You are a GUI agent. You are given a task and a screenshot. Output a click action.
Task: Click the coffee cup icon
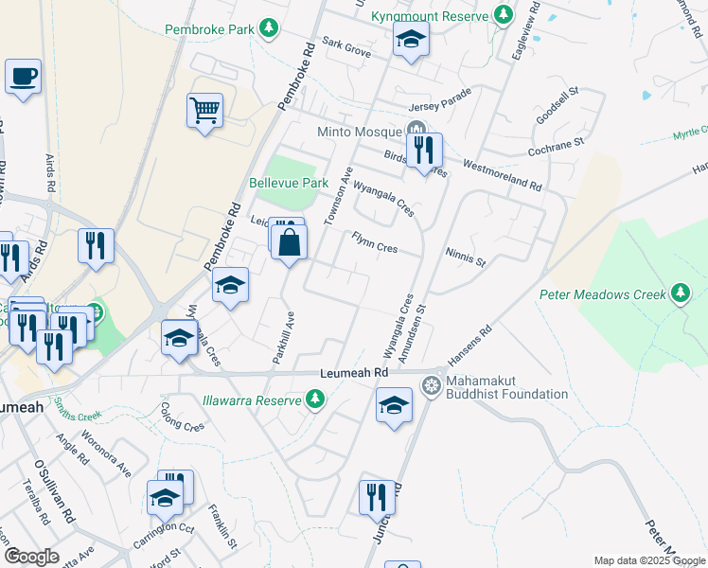click(x=23, y=75)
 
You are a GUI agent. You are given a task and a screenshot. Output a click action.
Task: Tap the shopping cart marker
click(x=204, y=110)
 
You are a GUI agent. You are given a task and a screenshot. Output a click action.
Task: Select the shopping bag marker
click(x=290, y=240)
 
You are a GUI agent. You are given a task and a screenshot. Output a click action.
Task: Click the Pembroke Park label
click(x=210, y=29)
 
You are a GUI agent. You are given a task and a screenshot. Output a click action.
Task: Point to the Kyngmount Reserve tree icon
click(x=503, y=16)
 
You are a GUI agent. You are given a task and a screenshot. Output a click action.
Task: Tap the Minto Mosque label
click(x=359, y=132)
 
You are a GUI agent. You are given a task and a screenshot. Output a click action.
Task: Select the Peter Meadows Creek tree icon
click(x=681, y=293)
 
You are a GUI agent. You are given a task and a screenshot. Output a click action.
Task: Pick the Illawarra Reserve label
click(x=251, y=400)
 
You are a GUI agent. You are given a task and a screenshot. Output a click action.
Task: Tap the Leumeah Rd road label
click(x=355, y=374)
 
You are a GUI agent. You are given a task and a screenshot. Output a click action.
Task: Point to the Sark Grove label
click(x=345, y=46)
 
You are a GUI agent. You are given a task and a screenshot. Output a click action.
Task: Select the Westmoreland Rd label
click(x=502, y=172)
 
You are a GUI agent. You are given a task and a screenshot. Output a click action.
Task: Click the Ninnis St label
click(x=465, y=257)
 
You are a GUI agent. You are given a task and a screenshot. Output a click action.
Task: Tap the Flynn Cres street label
click(x=374, y=241)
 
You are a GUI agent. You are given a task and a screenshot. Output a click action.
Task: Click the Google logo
click(x=31, y=557)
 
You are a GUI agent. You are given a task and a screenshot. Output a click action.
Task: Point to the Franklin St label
click(x=223, y=521)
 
